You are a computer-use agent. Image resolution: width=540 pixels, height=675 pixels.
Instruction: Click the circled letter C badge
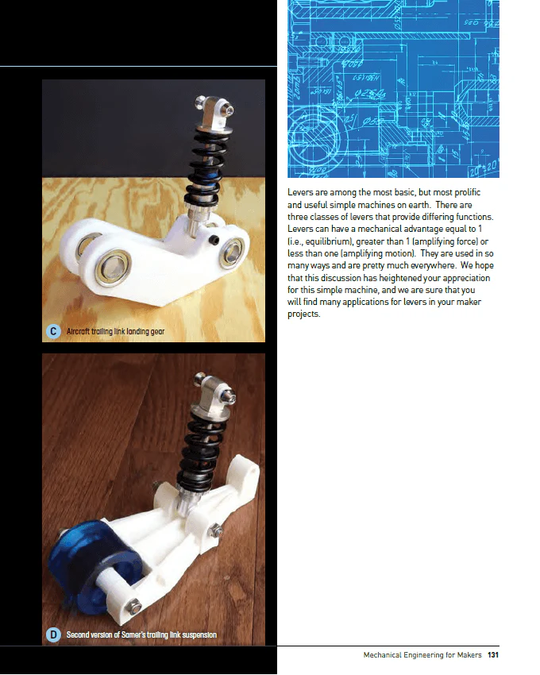pyautogui.click(x=52, y=330)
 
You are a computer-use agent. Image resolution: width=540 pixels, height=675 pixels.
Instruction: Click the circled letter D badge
pyautogui.click(x=52, y=634)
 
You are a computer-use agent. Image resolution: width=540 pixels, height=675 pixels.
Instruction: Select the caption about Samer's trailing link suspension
pyautogui.click(x=141, y=634)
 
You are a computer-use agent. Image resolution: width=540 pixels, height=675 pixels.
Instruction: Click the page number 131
pyautogui.click(x=493, y=655)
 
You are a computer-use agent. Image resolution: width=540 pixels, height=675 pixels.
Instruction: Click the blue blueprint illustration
pyautogui.click(x=393, y=87)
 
